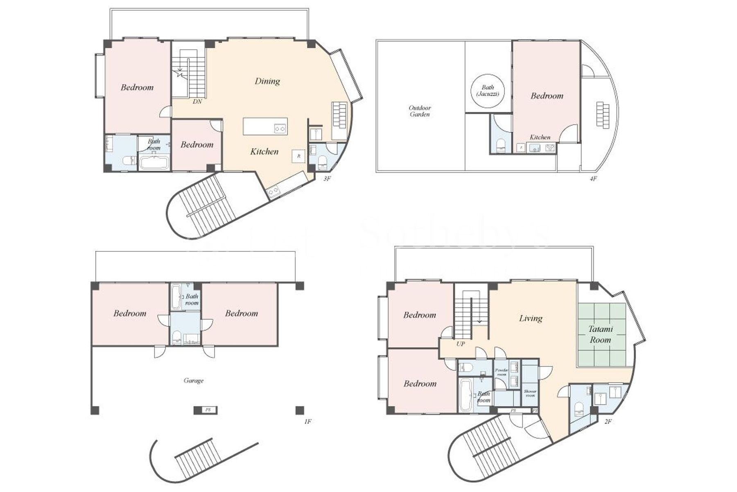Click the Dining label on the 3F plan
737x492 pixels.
point(267,81)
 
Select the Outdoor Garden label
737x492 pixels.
point(420,111)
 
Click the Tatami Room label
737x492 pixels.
point(600,334)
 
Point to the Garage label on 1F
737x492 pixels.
point(193,380)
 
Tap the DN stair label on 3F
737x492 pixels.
point(197,102)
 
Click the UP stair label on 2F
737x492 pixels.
point(461,344)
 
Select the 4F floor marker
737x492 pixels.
point(593,179)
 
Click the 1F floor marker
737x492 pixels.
point(308,421)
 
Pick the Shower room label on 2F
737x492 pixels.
point(530,393)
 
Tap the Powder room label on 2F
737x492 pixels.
point(502,372)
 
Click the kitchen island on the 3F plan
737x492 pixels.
point(265,126)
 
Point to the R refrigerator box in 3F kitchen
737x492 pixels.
point(299,156)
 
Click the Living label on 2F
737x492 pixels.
point(531,318)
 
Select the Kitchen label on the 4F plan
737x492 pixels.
point(540,137)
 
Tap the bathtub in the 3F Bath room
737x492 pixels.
point(154,162)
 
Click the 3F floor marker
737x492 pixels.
point(327,179)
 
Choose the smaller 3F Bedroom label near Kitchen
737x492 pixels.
point(197,145)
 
